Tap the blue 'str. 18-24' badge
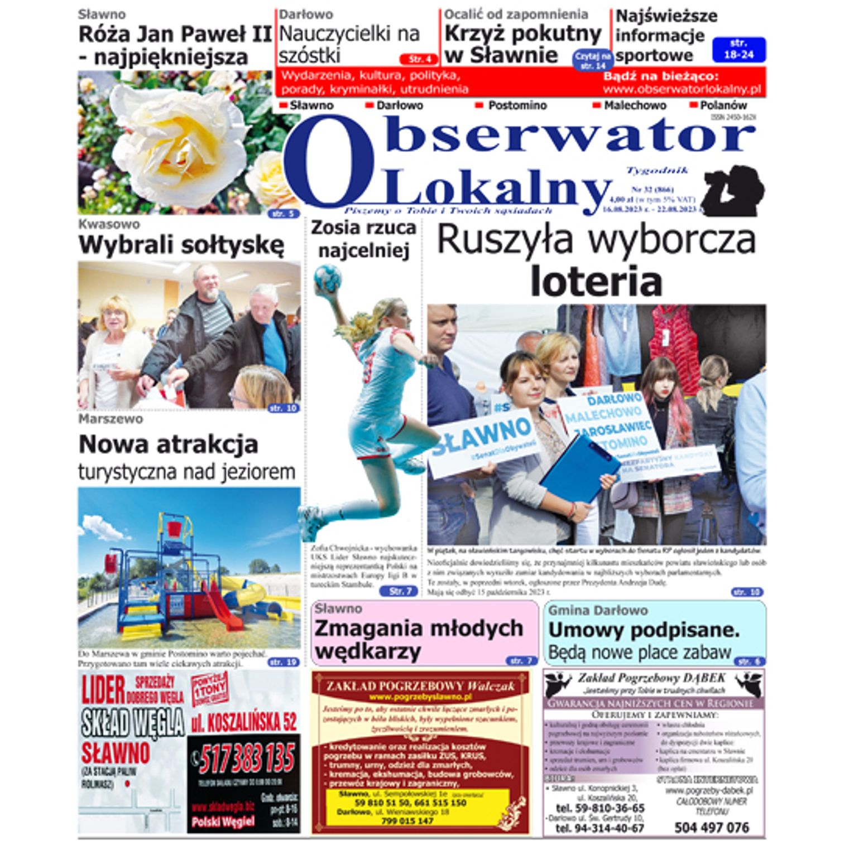click(x=738, y=49)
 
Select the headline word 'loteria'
click(x=596, y=282)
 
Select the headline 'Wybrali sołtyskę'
click(x=181, y=245)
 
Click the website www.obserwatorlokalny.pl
click(x=682, y=89)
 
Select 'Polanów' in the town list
click(x=723, y=105)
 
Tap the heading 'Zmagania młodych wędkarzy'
click(x=419, y=639)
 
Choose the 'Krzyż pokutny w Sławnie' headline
click(x=522, y=45)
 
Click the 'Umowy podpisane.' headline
click(x=644, y=630)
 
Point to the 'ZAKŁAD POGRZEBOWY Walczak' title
click(x=420, y=686)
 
